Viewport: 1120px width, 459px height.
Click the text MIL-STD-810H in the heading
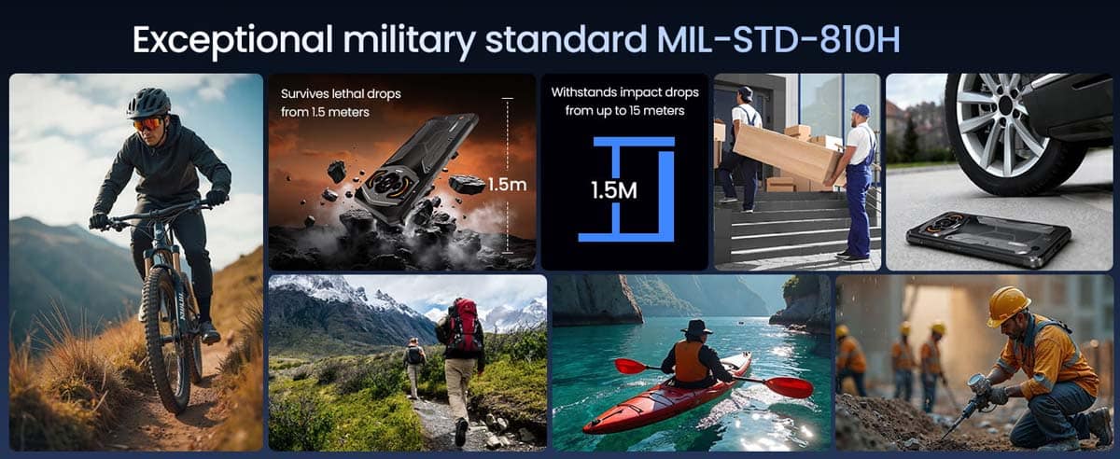click(x=778, y=39)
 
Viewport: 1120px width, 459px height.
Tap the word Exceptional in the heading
click(x=232, y=41)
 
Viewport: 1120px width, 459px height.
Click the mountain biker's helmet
click(x=148, y=103)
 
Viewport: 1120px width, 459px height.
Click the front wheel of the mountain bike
click(x=166, y=340)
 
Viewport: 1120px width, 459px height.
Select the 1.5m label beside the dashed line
click(x=507, y=185)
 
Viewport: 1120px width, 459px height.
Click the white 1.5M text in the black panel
click(x=614, y=190)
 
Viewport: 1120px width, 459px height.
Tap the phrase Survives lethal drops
click(x=341, y=94)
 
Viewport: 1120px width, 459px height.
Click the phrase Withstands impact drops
click(x=625, y=92)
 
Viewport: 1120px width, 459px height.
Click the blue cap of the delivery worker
click(x=861, y=109)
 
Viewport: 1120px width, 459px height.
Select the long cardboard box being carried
click(x=789, y=154)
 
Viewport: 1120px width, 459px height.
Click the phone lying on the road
click(x=989, y=239)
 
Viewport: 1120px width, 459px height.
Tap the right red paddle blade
click(x=789, y=387)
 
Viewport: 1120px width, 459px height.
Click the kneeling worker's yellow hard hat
click(x=1007, y=305)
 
